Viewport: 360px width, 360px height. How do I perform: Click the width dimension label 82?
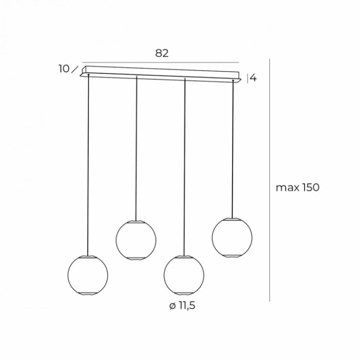pos(161,53)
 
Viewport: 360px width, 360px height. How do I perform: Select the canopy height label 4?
pos(253,79)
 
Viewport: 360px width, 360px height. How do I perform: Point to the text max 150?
pos(298,187)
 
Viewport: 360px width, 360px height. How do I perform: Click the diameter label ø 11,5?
pos(182,307)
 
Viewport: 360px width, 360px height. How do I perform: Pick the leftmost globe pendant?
pos(88,274)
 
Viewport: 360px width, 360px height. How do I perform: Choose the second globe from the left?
pos(136,239)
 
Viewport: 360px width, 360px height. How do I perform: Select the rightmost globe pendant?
pos(232,237)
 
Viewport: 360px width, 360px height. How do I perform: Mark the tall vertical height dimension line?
pos(271,180)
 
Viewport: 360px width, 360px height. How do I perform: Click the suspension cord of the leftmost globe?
pos(88,165)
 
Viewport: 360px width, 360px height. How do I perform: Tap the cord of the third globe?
pos(184,165)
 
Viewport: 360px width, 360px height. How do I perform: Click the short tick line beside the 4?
pos(248,79)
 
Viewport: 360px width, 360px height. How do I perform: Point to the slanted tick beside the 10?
pos(76,68)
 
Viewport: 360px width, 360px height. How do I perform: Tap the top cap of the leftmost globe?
pos(88,256)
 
